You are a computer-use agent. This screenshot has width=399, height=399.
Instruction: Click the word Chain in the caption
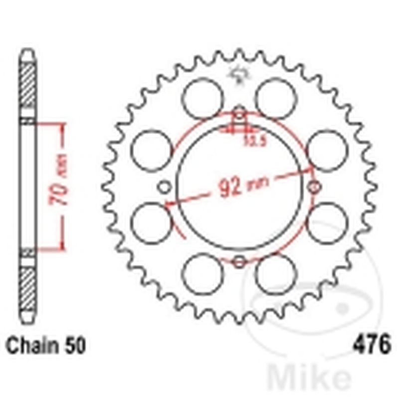pyautogui.click(x=30, y=345)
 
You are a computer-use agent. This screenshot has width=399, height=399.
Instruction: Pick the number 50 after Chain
pyautogui.click(x=75, y=345)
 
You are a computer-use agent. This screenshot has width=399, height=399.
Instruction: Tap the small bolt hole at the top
pyautogui.click(x=239, y=114)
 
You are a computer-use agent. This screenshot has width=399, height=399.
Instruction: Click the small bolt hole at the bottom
pyautogui.click(x=239, y=261)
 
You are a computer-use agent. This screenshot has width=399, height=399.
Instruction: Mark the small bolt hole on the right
pyautogui.click(x=314, y=187)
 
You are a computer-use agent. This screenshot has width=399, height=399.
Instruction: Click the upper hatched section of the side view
pyautogui.click(x=28, y=85)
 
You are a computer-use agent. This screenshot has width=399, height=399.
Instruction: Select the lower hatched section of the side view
pyautogui.click(x=28, y=284)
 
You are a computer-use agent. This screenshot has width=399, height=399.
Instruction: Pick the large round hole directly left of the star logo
pyautogui.click(x=202, y=98)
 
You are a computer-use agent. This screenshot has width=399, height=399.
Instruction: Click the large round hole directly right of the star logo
pyautogui.click(x=276, y=98)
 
